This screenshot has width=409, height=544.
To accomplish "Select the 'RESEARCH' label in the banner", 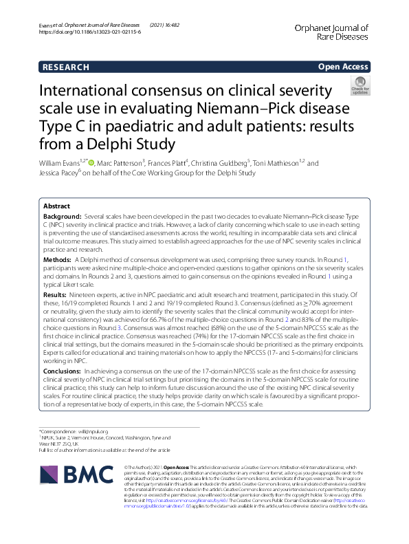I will pos(66,67).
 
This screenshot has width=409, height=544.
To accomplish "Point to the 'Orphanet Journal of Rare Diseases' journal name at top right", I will pos(331,32).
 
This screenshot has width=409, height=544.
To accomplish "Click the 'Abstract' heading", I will pos(56,206).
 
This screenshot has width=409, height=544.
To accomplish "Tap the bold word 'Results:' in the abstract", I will pos(56,292).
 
